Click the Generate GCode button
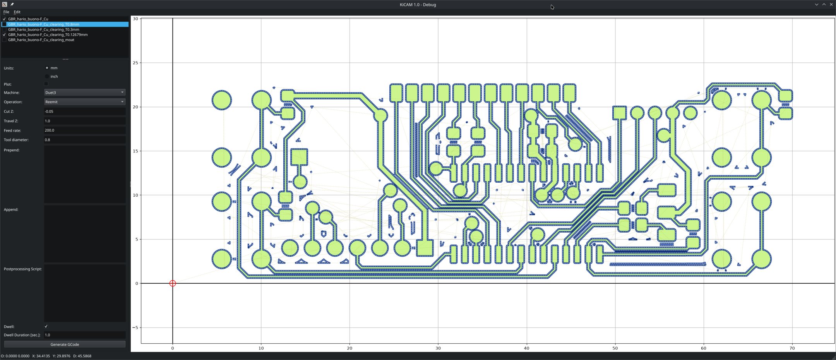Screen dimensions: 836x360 point(65,344)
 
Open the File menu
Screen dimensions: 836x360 point(6,12)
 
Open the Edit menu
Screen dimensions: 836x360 point(17,12)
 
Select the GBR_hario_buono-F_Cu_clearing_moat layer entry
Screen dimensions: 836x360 point(41,40)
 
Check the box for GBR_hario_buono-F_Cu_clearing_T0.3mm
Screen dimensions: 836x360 point(4,29)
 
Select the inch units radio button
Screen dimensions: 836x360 point(47,76)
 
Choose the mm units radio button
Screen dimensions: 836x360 point(47,68)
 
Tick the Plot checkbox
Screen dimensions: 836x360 point(46,84)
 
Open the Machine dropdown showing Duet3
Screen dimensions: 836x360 point(85,93)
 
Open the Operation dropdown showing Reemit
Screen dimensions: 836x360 point(85,102)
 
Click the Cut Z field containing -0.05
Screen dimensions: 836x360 point(85,111)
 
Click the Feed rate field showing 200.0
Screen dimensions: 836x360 point(85,130)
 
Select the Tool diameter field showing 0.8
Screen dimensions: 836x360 point(85,140)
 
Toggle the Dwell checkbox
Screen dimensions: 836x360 point(46,326)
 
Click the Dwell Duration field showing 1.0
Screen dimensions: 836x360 point(85,335)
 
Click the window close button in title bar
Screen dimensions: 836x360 point(831,5)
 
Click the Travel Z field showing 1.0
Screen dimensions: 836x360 point(85,121)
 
